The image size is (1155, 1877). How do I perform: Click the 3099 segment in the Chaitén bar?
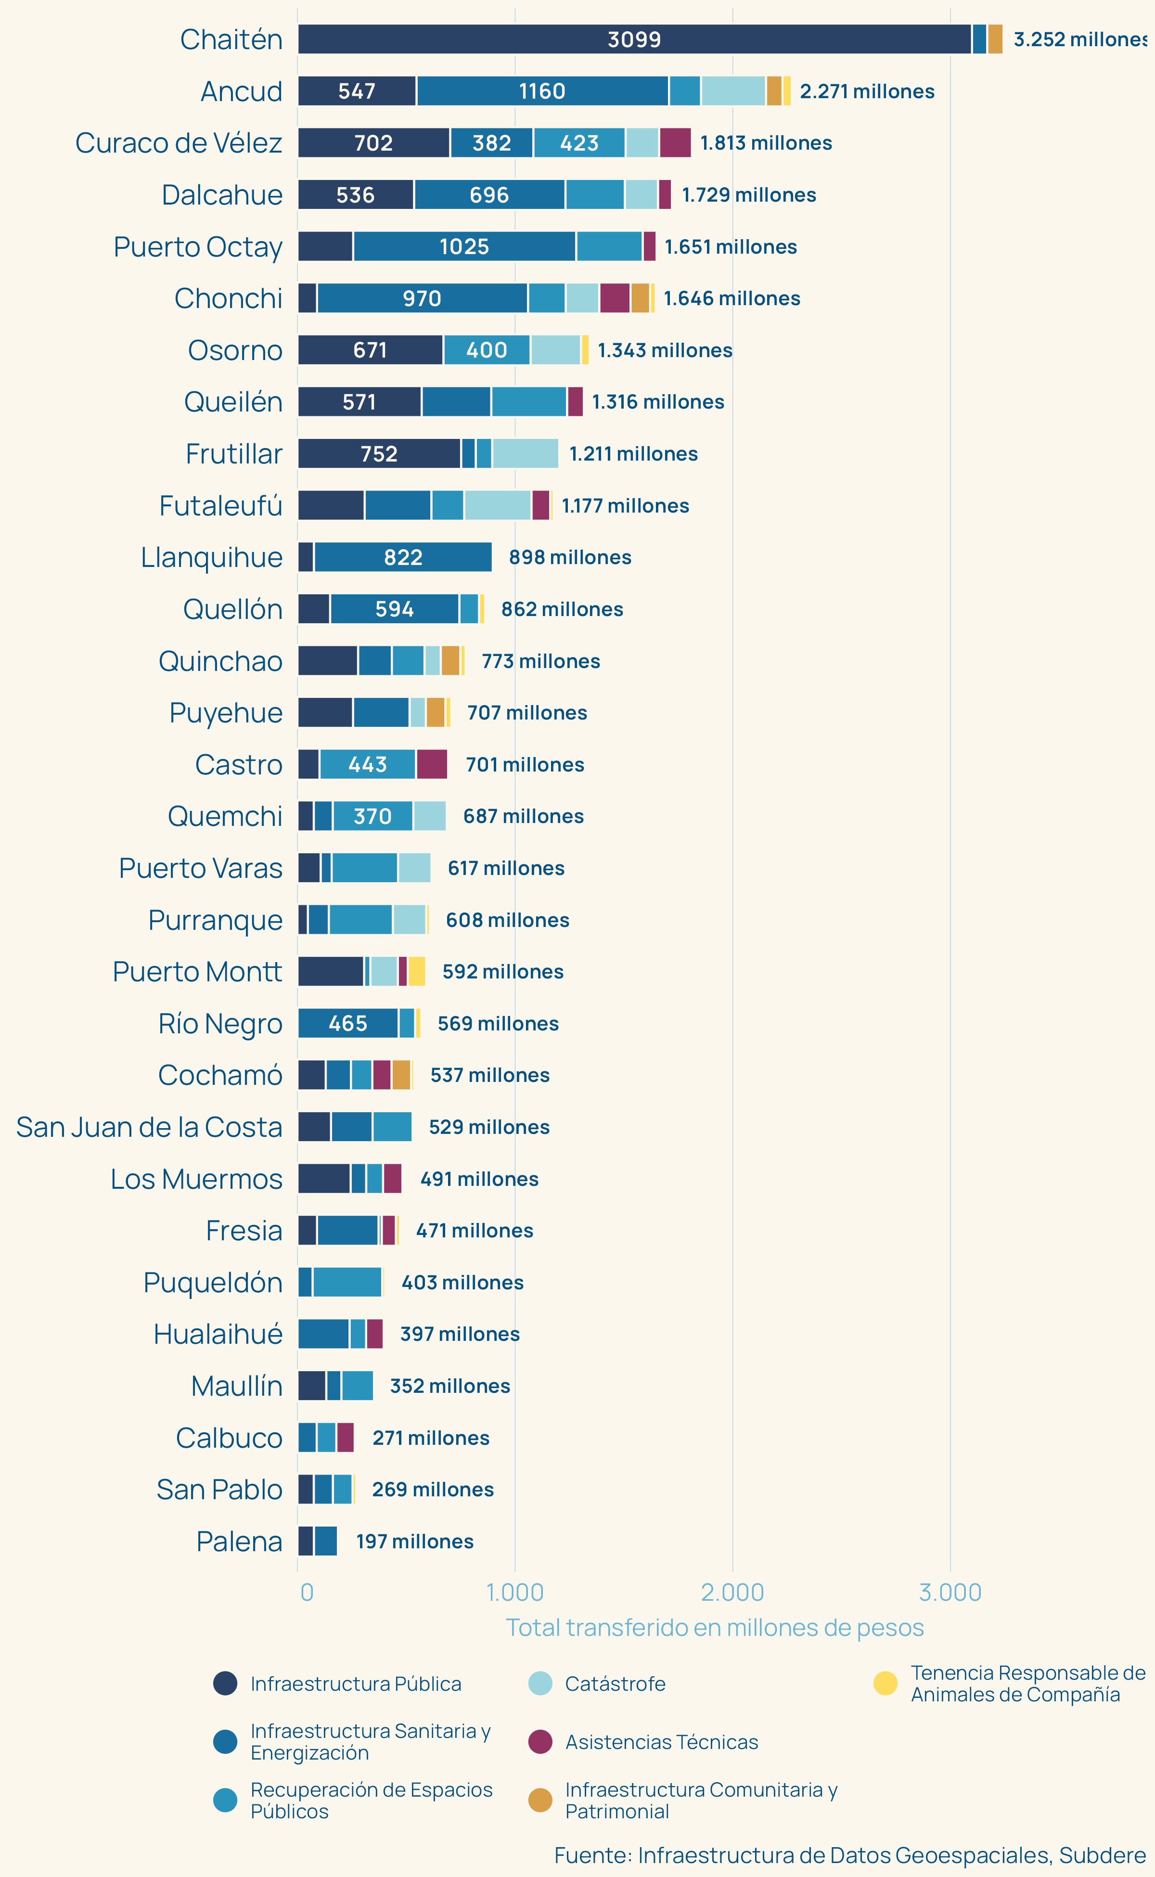coord(634,39)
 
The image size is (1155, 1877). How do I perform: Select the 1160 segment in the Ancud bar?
coord(542,91)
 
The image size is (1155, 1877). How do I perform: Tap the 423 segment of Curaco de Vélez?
coord(579,143)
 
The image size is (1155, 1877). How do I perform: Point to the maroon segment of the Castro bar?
coord(432,764)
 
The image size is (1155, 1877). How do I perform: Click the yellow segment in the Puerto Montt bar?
coord(416,971)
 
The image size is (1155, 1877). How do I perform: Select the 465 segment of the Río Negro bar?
coord(347,1023)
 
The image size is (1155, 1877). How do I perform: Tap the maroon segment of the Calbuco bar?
coord(345,1437)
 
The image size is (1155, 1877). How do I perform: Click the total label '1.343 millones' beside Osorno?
coord(665,350)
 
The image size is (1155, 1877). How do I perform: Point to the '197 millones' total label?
coord(415,1541)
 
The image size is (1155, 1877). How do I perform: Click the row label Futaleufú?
coord(221,506)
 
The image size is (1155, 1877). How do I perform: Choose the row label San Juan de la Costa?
coord(149,1127)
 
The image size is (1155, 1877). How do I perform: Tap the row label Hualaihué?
coord(218,1334)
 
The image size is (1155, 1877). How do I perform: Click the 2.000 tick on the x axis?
coord(732,1592)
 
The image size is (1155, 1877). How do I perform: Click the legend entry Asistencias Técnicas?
coord(662,1742)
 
